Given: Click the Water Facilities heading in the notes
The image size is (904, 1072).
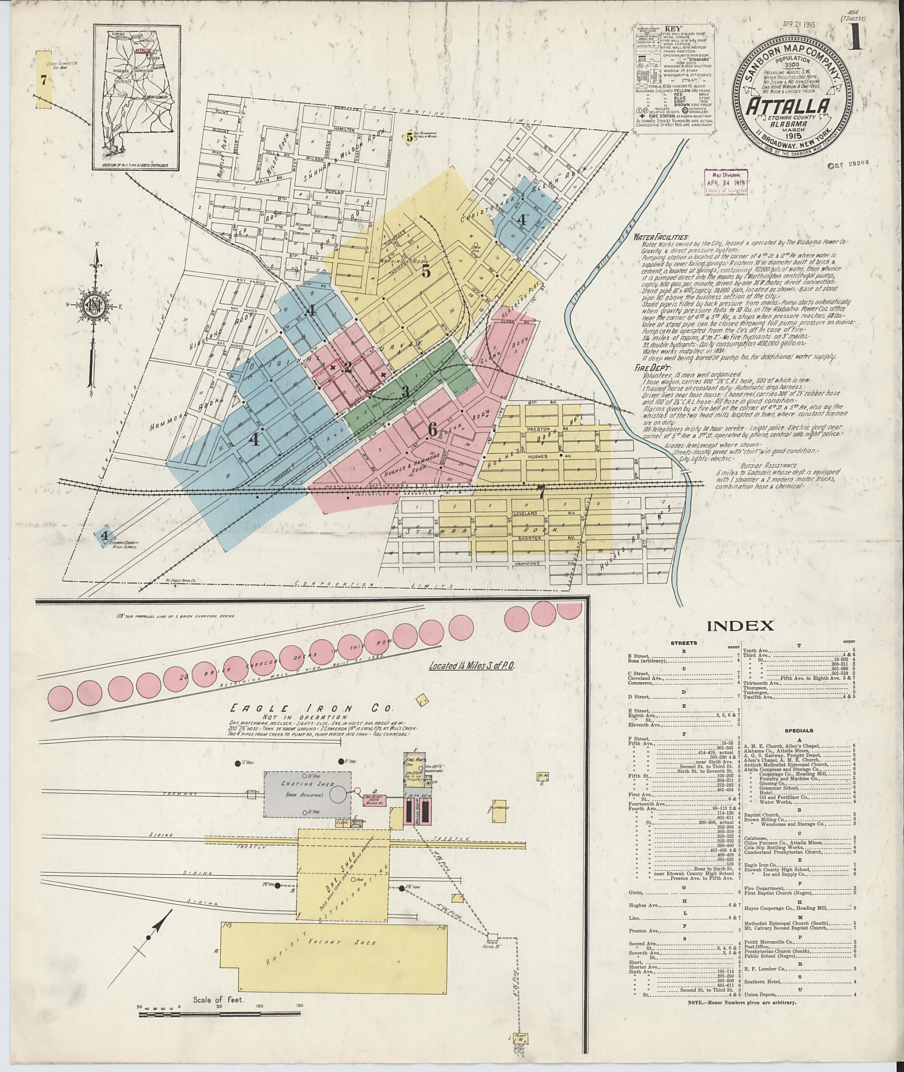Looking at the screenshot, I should pos(661,238).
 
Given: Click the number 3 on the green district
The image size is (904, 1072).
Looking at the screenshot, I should pos(405,391).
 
